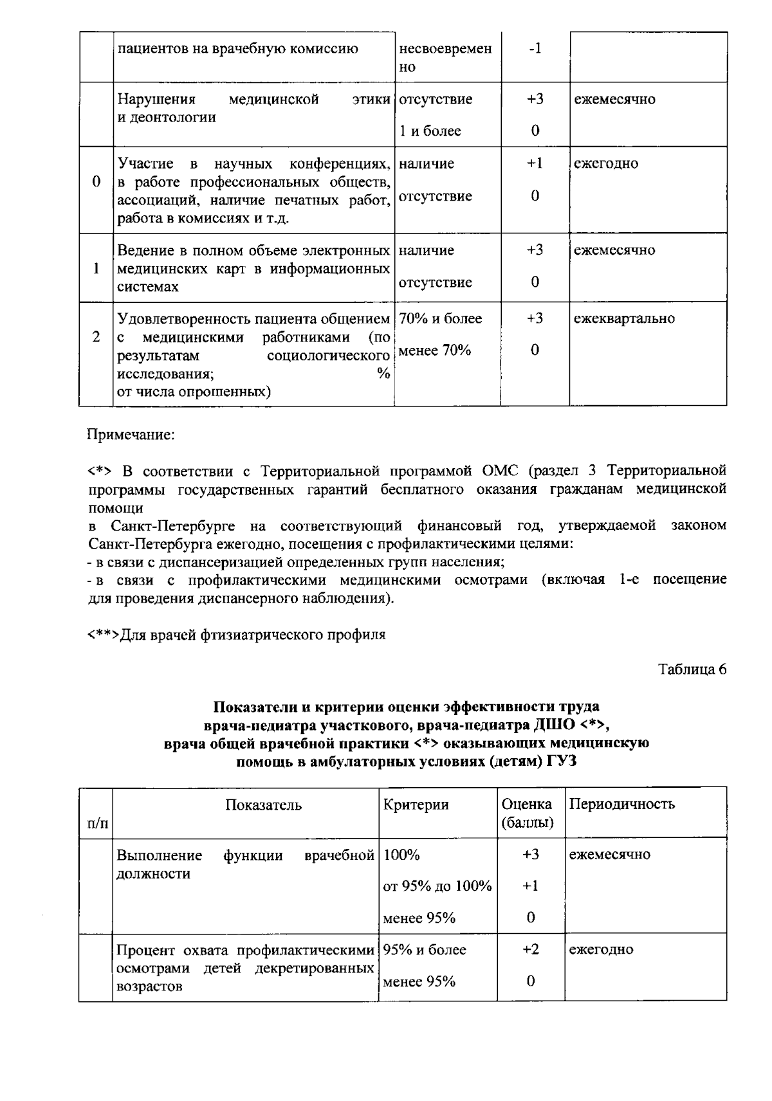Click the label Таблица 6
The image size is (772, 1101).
tap(692, 669)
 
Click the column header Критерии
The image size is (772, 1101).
tap(416, 805)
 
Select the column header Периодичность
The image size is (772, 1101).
tap(622, 804)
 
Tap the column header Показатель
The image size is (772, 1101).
tap(263, 805)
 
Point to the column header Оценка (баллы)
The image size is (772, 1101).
tap(527, 814)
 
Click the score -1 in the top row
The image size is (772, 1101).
tap(535, 49)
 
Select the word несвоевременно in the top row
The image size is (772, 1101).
tap(445, 58)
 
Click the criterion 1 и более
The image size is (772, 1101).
tap(430, 131)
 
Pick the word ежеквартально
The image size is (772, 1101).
tap(624, 318)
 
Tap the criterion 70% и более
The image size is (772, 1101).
tap(440, 318)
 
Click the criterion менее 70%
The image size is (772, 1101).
tap(435, 350)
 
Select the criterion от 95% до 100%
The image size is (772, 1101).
tap(437, 886)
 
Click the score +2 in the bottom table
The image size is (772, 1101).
tap(530, 950)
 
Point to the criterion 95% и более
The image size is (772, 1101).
tap(425, 950)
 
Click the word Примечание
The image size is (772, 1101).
tap(131, 435)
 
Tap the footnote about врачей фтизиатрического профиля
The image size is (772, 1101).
tap(236, 635)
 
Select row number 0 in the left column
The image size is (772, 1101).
tap(96, 181)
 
